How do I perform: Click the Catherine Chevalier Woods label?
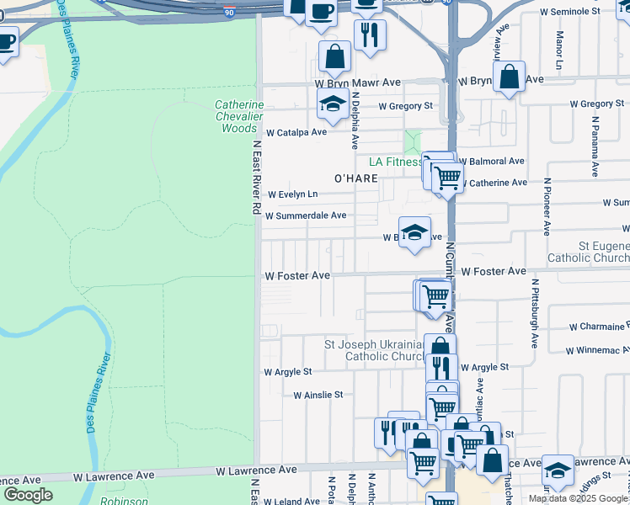[239, 116]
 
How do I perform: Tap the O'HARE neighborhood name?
[355, 178]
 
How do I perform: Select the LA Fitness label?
[394, 162]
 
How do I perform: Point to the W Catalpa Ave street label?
[296, 133]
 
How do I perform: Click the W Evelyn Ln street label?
[292, 194]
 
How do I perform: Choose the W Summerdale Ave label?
[305, 215]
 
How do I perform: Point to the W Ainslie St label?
[318, 394]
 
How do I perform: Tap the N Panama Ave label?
[595, 145]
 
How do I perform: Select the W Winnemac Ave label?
[599, 349]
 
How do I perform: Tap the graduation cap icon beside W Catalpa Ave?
[333, 104]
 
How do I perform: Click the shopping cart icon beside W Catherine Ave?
[447, 178]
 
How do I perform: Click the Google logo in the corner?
[28, 495]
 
